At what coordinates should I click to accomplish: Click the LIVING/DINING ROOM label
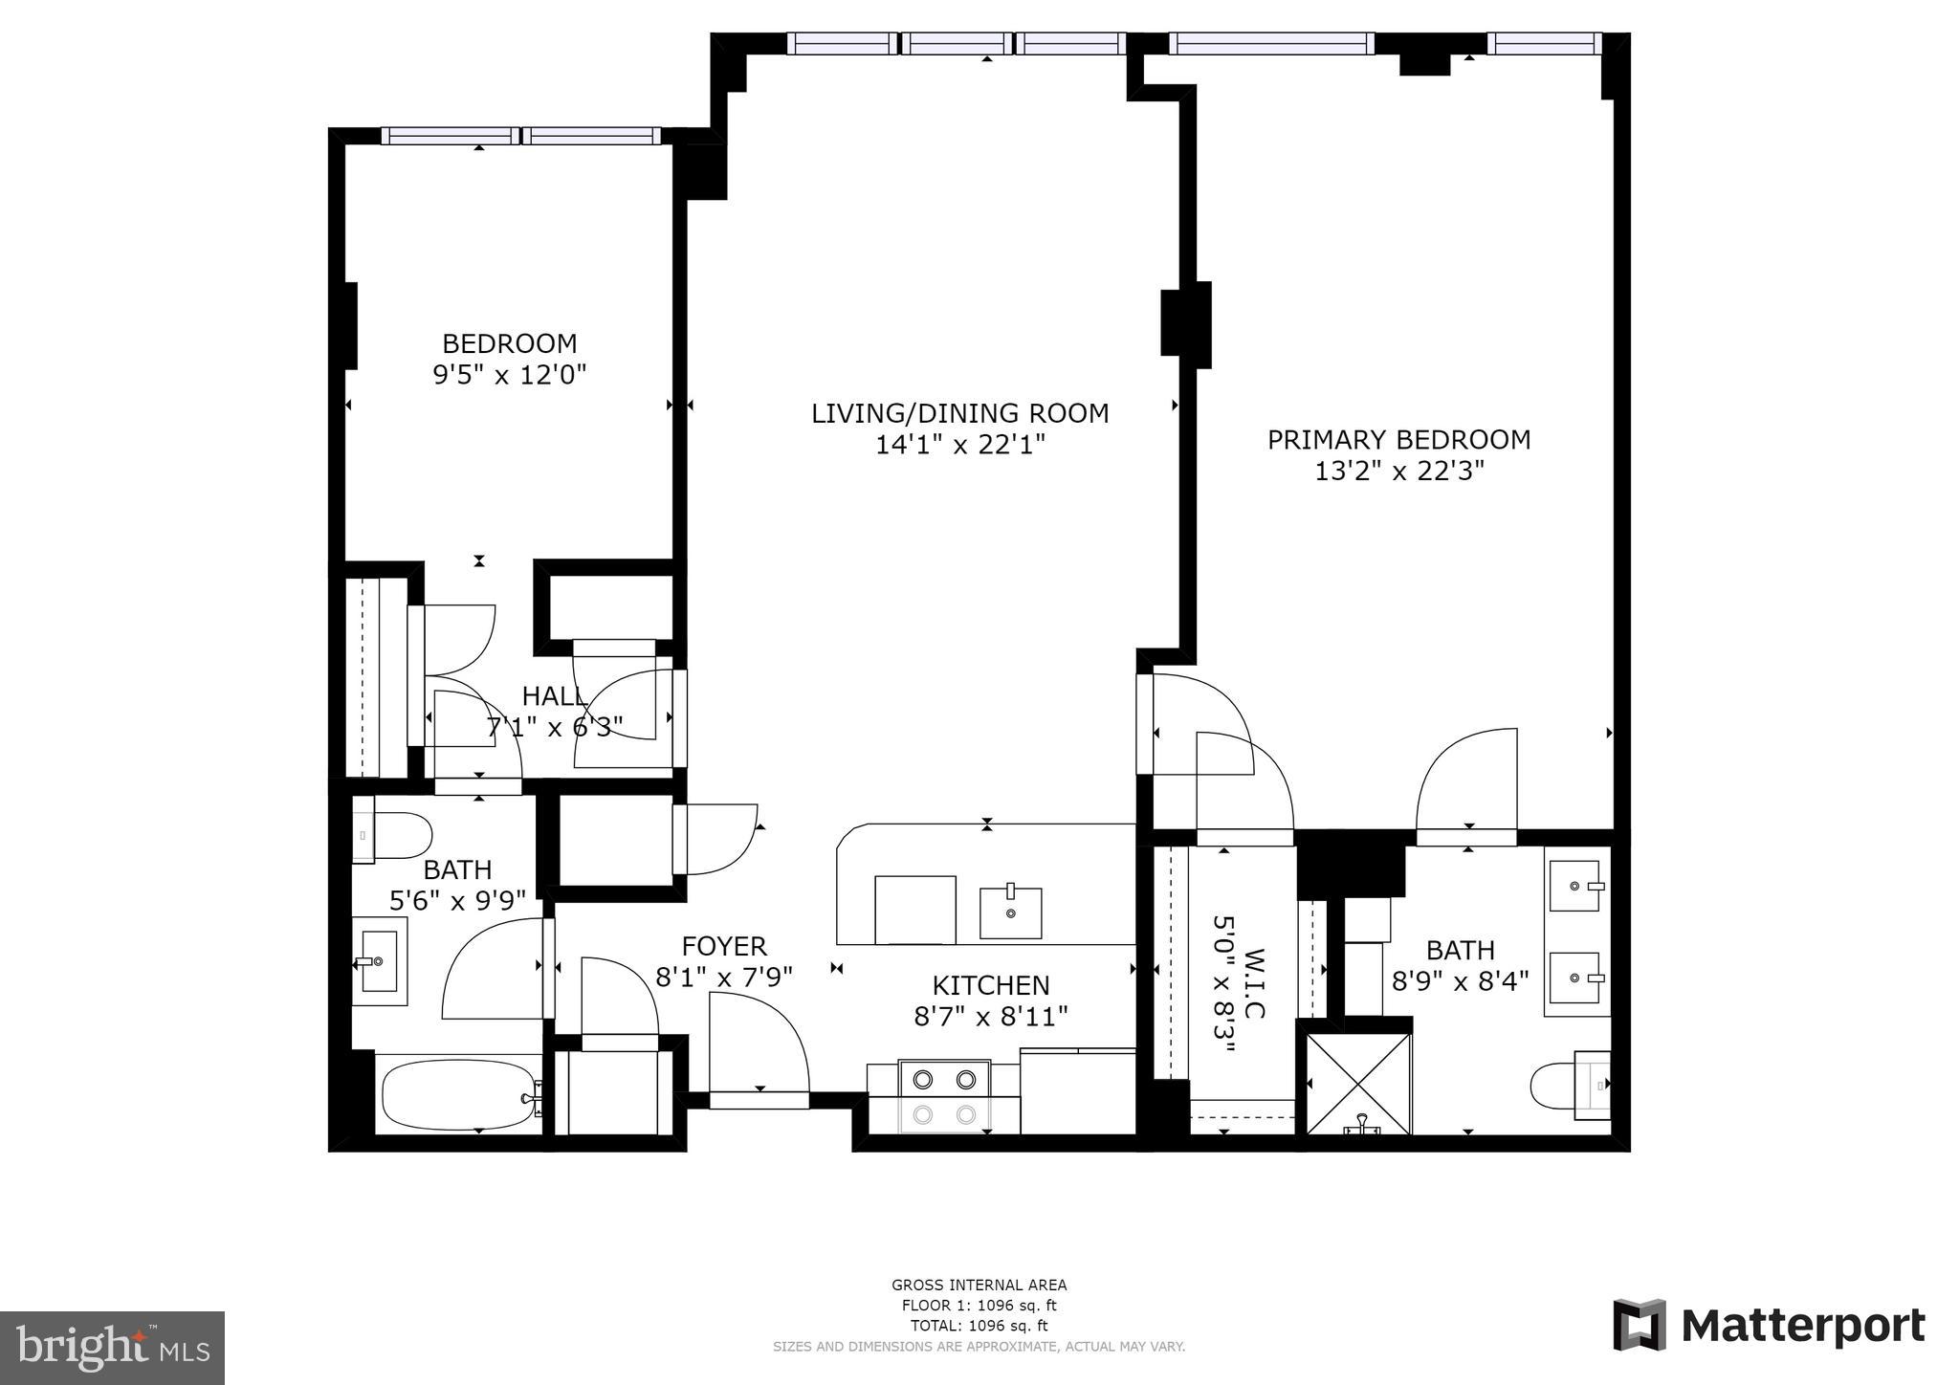[x=959, y=413]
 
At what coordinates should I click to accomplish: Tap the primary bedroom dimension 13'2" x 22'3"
[x=1398, y=471]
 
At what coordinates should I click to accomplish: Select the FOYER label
[x=724, y=946]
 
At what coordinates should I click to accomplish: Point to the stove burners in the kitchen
[x=944, y=1096]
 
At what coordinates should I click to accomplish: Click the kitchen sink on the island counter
[x=1010, y=912]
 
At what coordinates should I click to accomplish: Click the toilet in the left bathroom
[x=394, y=835]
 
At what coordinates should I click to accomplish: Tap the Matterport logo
[x=1770, y=1326]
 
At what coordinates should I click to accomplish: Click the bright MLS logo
[x=112, y=1348]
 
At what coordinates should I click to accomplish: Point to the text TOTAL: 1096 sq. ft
[x=979, y=1326]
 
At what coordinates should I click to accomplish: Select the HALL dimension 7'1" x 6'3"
[x=555, y=727]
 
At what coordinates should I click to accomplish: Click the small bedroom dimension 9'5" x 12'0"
[x=509, y=374]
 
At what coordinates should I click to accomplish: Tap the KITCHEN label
[x=991, y=985]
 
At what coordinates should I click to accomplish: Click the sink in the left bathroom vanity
[x=380, y=961]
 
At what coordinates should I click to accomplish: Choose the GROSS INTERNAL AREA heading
[x=979, y=1286]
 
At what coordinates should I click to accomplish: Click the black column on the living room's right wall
[x=1185, y=324]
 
